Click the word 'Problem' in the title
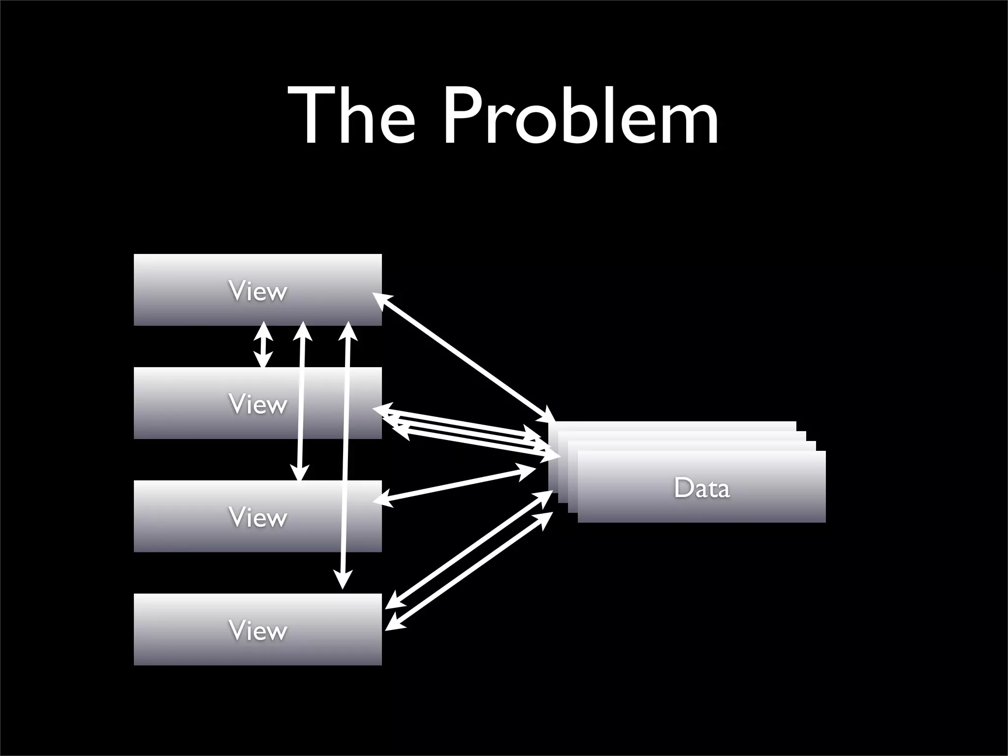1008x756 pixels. click(x=580, y=117)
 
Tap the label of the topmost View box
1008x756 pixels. click(x=257, y=291)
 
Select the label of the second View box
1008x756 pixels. click(x=257, y=404)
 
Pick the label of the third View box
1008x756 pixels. click(x=257, y=517)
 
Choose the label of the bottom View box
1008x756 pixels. click(x=257, y=630)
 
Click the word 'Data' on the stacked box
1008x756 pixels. click(x=701, y=488)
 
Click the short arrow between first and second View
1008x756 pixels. click(x=264, y=345)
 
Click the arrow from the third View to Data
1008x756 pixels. click(x=455, y=485)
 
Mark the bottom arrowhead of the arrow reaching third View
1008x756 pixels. click(x=299, y=472)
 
